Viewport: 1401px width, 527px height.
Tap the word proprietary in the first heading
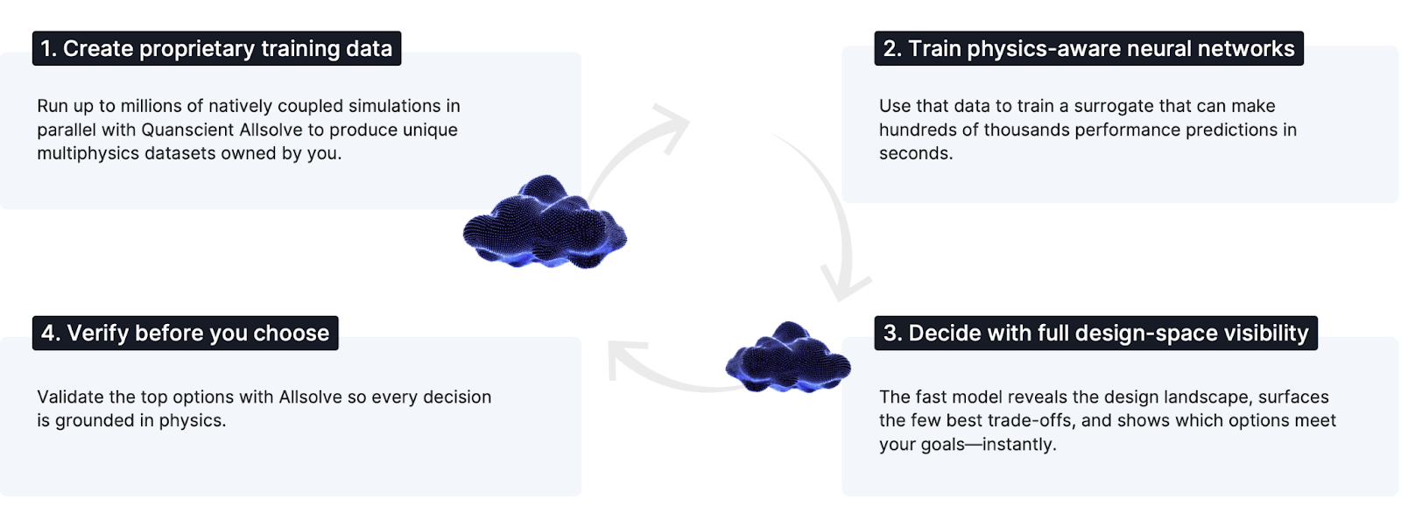(x=197, y=49)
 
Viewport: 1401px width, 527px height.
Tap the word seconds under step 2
(x=915, y=153)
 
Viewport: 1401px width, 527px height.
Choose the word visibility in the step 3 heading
(x=1266, y=334)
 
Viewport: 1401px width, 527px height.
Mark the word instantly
(x=1019, y=445)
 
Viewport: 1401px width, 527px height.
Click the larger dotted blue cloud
(x=545, y=224)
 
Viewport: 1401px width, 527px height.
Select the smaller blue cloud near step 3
(x=788, y=359)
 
